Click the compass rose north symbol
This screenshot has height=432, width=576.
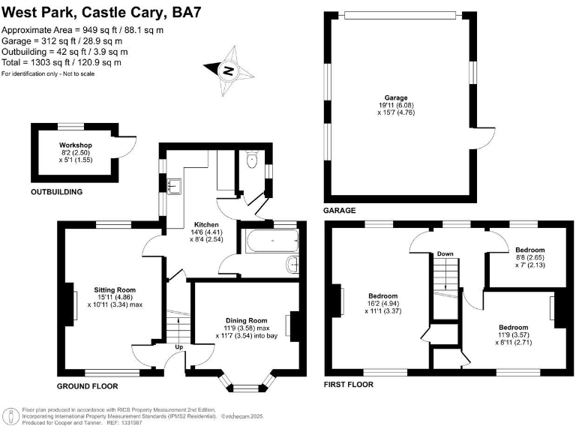[x=228, y=70]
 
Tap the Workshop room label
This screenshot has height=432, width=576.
[x=75, y=145]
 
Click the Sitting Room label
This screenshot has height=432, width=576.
[x=115, y=289]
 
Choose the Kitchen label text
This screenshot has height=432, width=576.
[x=206, y=224]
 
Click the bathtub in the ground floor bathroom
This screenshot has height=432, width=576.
[x=271, y=241]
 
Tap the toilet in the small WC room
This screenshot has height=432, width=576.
[x=253, y=160]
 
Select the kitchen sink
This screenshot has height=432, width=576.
[x=172, y=184]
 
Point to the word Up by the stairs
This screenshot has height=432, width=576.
[x=178, y=348]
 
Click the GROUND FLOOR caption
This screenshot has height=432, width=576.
[x=88, y=386]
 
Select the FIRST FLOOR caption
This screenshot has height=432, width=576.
[x=349, y=384]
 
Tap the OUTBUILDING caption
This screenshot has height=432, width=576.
[x=56, y=192]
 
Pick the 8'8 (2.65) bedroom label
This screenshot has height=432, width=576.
[x=529, y=250]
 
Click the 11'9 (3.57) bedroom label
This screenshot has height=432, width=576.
[x=514, y=328]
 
